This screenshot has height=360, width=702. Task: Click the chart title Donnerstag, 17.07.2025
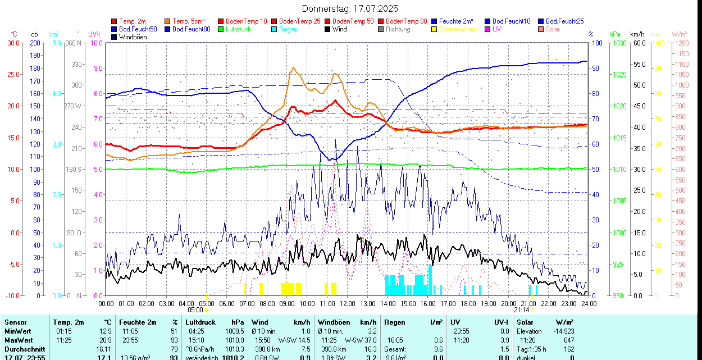click(x=350, y=8)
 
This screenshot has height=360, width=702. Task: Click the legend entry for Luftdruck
click(x=238, y=29)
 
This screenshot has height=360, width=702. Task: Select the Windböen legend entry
click(x=133, y=37)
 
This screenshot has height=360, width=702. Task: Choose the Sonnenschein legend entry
click(x=458, y=29)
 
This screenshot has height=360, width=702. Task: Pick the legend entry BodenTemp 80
click(x=407, y=21)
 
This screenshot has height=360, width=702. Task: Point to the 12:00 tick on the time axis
click(x=347, y=303)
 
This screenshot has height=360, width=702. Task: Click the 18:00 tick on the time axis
click(x=468, y=303)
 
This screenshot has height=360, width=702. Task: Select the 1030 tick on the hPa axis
click(x=619, y=43)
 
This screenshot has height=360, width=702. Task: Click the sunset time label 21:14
click(x=522, y=310)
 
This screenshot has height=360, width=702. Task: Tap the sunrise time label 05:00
click(x=195, y=310)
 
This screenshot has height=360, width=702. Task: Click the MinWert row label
click(x=19, y=331)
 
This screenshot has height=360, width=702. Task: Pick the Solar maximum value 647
click(x=568, y=340)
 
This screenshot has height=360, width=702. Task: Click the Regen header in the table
click(x=394, y=322)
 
